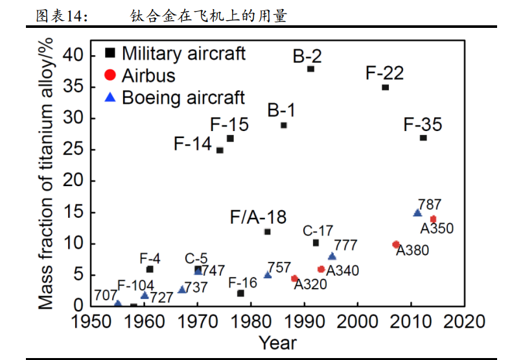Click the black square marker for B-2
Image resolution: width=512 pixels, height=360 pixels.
pyautogui.click(x=310, y=69)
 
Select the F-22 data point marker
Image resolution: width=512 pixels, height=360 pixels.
pyautogui.click(x=385, y=88)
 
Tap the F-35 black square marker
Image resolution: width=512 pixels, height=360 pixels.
pyautogui.click(x=423, y=138)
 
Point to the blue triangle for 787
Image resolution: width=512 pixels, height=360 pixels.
pyautogui.click(x=417, y=213)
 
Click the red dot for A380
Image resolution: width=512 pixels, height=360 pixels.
pyautogui.click(x=396, y=245)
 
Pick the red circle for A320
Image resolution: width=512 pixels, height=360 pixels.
pyautogui.click(x=294, y=278)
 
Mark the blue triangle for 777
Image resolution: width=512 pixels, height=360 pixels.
pyautogui.click(x=332, y=256)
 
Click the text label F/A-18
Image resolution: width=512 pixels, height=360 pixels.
pyautogui.click(x=259, y=217)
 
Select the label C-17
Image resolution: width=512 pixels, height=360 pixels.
pyautogui.click(x=318, y=230)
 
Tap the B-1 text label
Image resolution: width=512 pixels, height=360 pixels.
pyautogui.click(x=281, y=111)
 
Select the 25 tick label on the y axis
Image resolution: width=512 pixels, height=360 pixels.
pyautogui.click(x=77, y=150)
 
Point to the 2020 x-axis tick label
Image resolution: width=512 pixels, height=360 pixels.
pyautogui.click(x=464, y=322)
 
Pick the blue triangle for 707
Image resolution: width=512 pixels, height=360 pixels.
pyautogui.click(x=117, y=303)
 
